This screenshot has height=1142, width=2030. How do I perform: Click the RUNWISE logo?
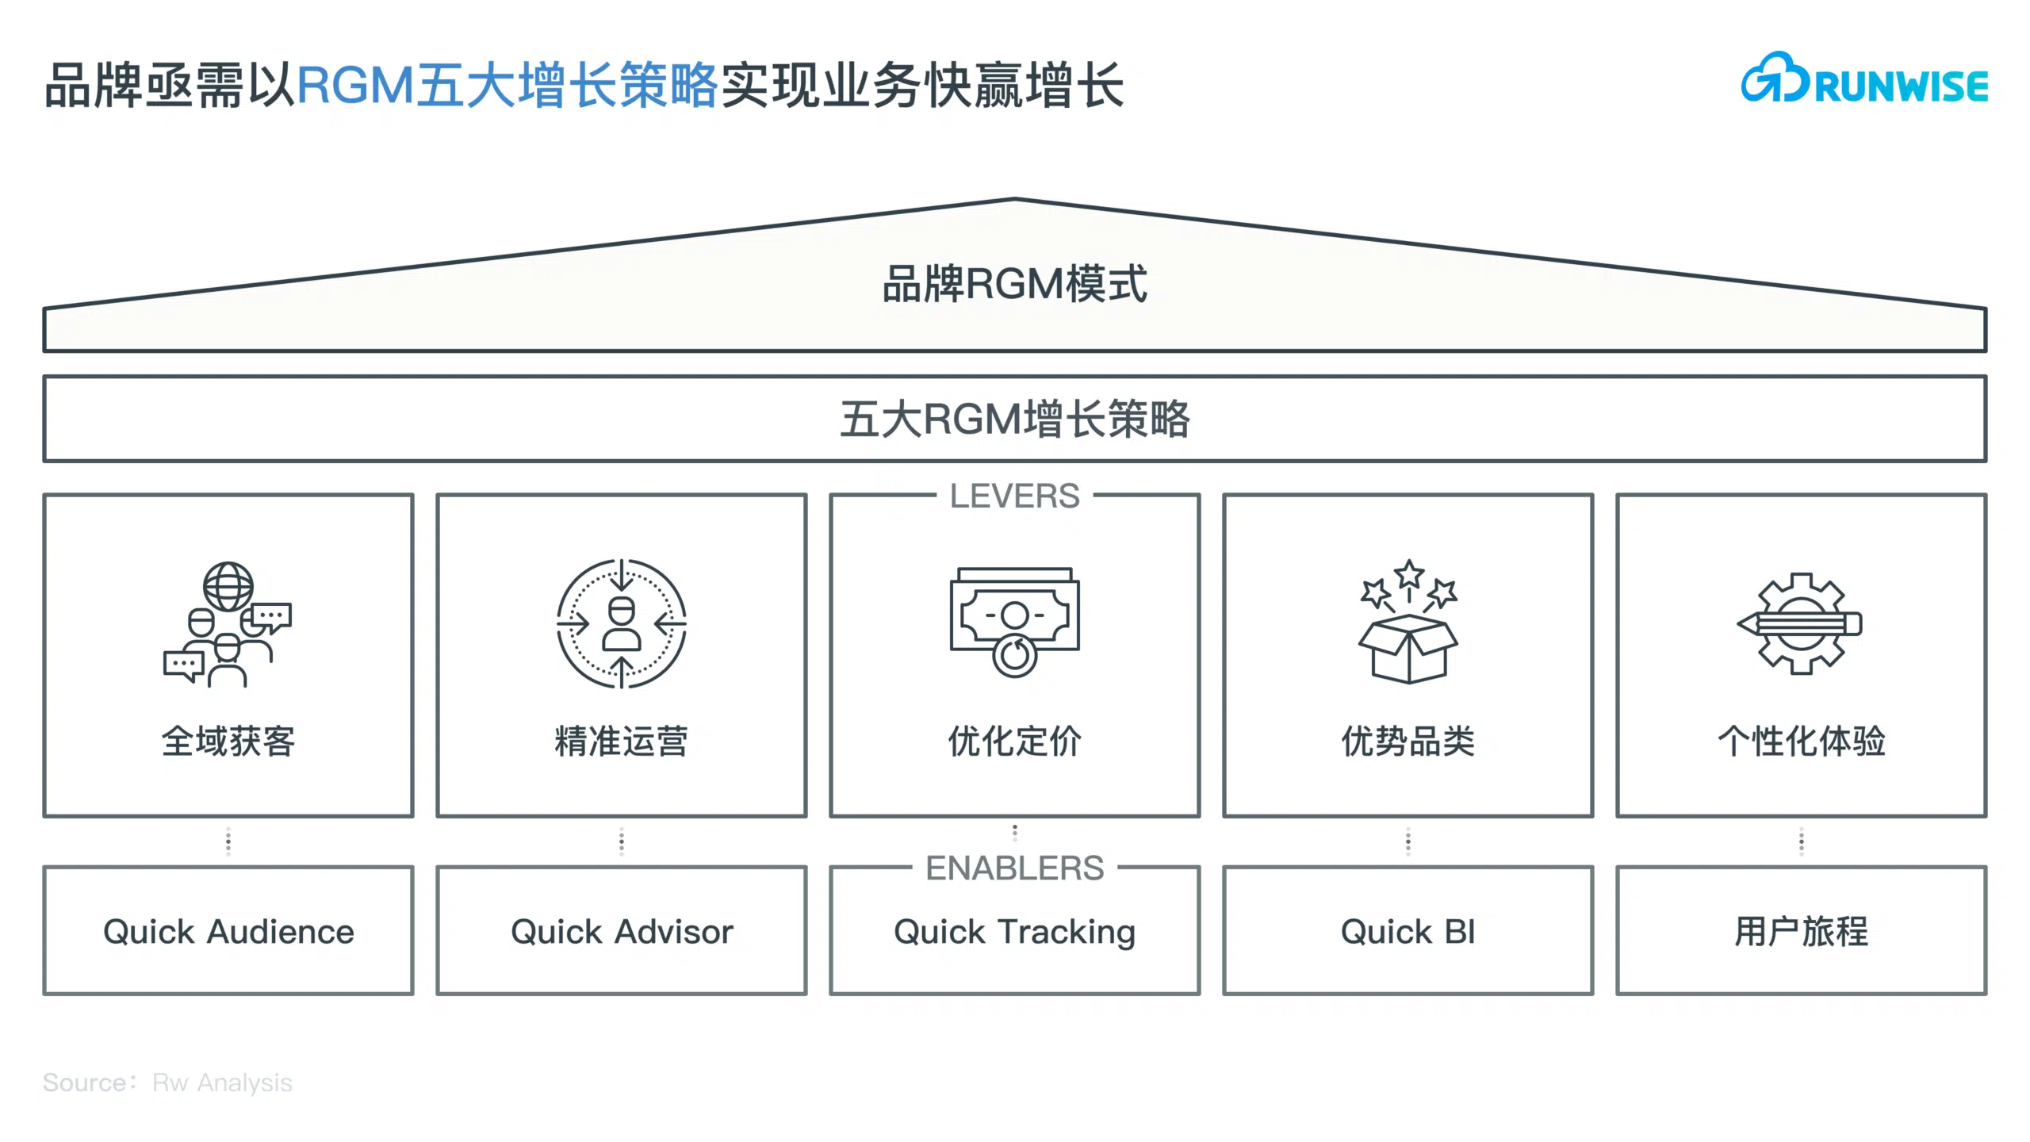pyautogui.click(x=1864, y=79)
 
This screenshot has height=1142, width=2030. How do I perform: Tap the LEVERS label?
pyautogui.click(x=1014, y=496)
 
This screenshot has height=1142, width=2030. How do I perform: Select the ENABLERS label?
pyautogui.click(x=1014, y=868)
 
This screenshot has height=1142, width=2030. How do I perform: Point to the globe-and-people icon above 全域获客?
pyautogui.click(x=228, y=624)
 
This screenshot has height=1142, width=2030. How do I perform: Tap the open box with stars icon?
pyautogui.click(x=1408, y=621)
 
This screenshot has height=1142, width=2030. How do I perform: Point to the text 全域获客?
pyautogui.click(x=228, y=742)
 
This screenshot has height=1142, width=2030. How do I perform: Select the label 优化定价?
pyautogui.click(x=1015, y=742)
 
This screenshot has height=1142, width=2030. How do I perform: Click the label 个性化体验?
pyautogui.click(x=1802, y=742)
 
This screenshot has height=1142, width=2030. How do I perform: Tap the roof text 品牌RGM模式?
pyautogui.click(x=1015, y=284)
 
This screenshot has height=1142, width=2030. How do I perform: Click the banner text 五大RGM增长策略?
pyautogui.click(x=1015, y=419)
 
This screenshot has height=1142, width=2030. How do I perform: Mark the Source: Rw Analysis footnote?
pyautogui.click(x=167, y=1083)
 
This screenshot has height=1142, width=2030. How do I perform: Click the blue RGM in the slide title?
pyautogui.click(x=356, y=85)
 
